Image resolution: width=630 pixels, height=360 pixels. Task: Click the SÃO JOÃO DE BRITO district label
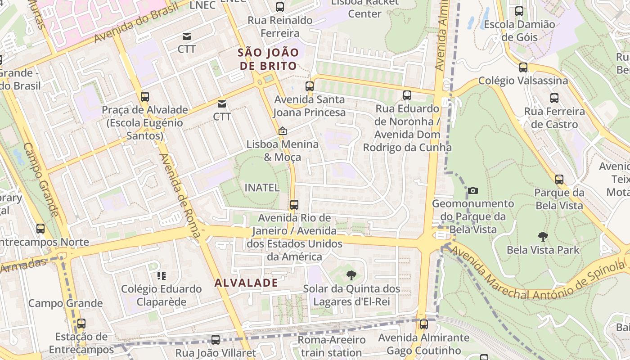[x=268, y=59]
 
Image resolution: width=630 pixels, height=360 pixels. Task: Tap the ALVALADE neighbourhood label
[x=246, y=283]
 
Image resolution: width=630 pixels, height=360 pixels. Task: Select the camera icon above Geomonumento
[x=472, y=190]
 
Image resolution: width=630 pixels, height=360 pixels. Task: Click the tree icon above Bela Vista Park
[x=543, y=236]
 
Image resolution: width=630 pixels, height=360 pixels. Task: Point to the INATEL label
[x=262, y=188]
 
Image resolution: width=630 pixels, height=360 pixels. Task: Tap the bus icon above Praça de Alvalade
[x=144, y=96]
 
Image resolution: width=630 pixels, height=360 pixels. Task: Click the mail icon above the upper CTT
[x=186, y=36]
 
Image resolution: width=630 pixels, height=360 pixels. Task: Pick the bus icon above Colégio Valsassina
[x=523, y=67]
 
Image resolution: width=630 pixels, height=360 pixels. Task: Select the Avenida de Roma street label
[x=180, y=196]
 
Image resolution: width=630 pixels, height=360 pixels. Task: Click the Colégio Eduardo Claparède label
[x=161, y=295]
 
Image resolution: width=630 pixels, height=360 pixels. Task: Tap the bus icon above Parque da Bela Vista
[x=559, y=180]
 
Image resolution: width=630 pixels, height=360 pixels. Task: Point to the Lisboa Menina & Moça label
[x=282, y=151]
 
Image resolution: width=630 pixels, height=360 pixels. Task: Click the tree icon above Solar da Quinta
[x=351, y=275]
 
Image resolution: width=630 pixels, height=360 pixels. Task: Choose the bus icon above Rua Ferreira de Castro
[x=554, y=98]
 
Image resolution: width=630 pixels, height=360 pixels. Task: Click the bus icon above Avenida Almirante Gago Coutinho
[x=423, y=324]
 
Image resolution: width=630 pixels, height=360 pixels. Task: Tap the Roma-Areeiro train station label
[x=331, y=346]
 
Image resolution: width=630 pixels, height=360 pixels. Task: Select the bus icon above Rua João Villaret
[x=216, y=340]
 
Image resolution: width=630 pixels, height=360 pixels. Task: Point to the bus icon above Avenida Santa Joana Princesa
[x=309, y=86]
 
